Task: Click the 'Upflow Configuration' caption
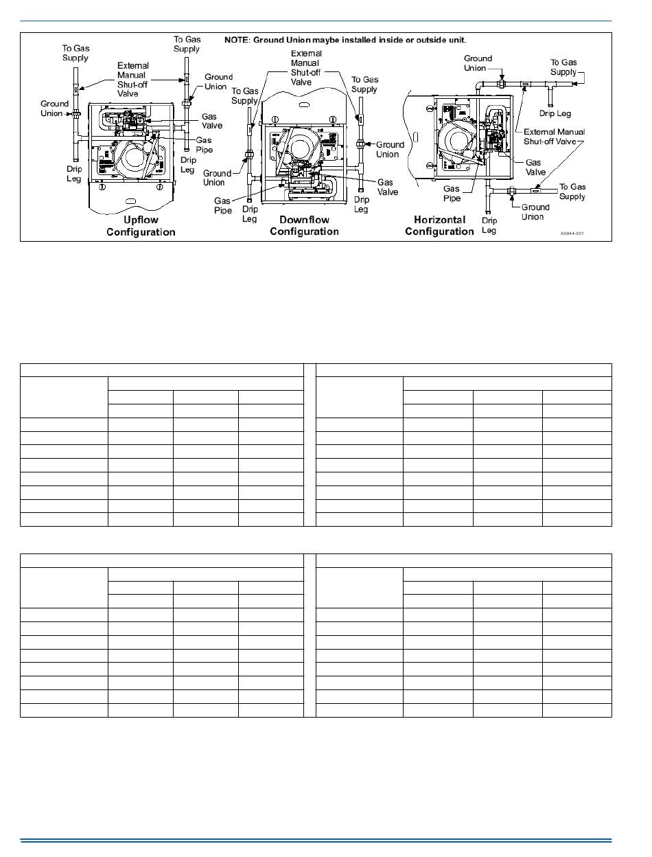[141, 226]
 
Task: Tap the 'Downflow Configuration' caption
[304, 225]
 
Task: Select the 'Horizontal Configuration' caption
[439, 225]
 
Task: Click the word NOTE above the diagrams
[237, 40]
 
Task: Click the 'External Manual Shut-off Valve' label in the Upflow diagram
[132, 80]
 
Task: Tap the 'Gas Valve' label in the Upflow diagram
[211, 121]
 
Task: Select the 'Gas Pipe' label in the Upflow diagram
[204, 145]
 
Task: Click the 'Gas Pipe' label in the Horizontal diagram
[452, 193]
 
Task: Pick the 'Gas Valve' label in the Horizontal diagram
[534, 167]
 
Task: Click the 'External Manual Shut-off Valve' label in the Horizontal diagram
[554, 136]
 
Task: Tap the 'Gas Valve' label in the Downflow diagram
[387, 187]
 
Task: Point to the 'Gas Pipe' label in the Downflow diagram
[223, 205]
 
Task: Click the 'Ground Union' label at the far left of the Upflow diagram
[54, 108]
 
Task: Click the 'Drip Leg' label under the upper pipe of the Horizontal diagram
[555, 113]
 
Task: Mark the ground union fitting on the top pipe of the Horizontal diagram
[502, 83]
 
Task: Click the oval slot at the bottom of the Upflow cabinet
[130, 201]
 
